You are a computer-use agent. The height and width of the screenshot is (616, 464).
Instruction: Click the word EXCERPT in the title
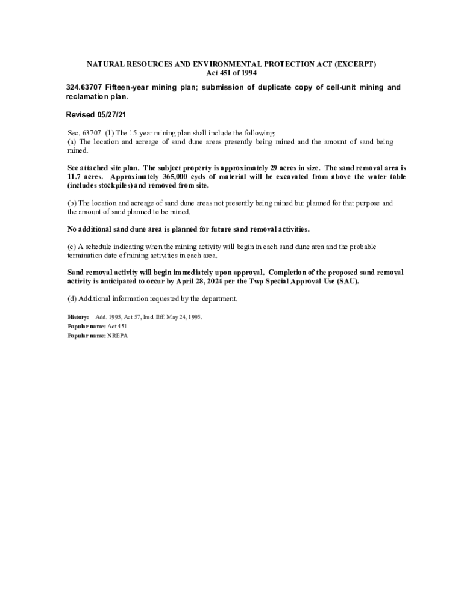click(x=355, y=64)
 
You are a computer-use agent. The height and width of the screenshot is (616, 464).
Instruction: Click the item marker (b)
click(x=72, y=203)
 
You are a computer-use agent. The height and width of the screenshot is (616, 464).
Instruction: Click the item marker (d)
click(x=72, y=299)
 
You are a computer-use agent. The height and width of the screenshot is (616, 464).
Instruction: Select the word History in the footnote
click(x=78, y=317)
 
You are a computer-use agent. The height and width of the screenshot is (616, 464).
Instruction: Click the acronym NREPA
click(x=118, y=336)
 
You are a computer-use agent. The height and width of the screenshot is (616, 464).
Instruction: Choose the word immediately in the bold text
click(x=196, y=273)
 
